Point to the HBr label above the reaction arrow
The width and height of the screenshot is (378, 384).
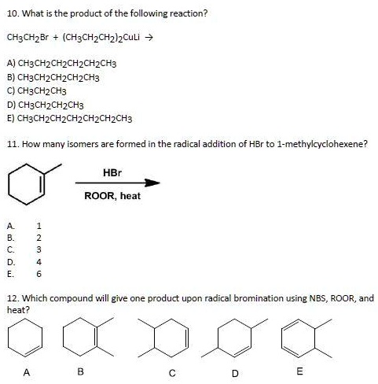[112, 171]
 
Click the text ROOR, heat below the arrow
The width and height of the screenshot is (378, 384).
[112, 196]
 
